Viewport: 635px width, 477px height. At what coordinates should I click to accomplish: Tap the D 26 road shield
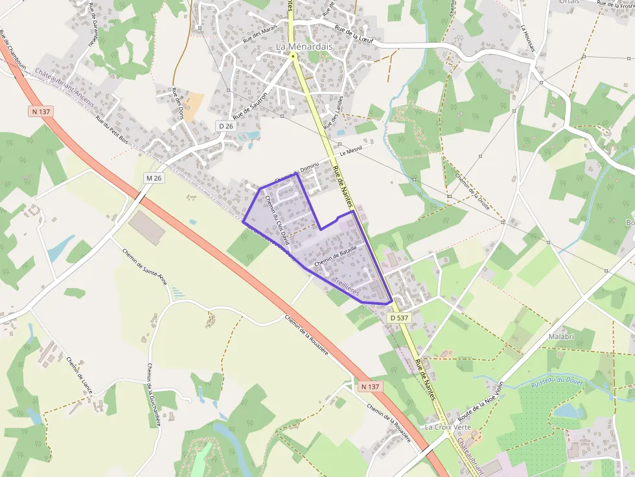pos(225,126)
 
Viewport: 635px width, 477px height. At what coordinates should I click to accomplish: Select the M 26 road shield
pos(153,178)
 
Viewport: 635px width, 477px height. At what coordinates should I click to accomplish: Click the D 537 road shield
pos(399,318)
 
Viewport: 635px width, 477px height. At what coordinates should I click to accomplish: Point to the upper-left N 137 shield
pos(41,111)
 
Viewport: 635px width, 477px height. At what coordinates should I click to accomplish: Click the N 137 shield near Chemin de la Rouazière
pos(369,386)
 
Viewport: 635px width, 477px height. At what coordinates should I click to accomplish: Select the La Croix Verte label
pos(448,427)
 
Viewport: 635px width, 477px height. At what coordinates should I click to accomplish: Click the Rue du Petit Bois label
pos(114,128)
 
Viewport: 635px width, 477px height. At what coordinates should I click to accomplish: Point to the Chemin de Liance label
pos(80,376)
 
